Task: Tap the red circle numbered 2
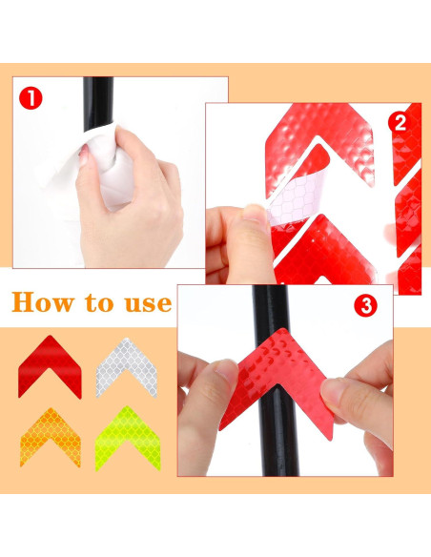(399, 121)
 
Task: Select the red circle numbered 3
(365, 306)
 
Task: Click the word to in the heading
(103, 304)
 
